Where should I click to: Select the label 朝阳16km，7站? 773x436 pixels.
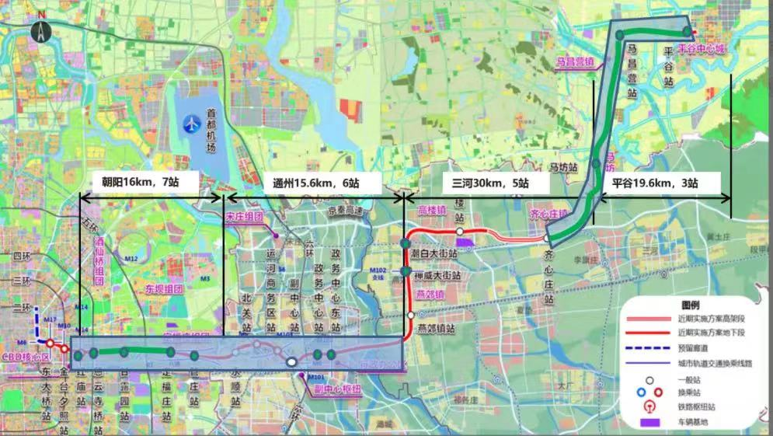point(138,182)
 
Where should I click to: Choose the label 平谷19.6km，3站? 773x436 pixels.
point(654,183)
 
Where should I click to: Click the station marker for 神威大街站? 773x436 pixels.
point(406,270)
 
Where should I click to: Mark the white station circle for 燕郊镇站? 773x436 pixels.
point(411,315)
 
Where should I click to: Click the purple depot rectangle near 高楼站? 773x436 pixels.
point(466,242)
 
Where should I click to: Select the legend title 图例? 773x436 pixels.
point(690,305)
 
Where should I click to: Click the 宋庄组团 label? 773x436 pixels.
point(245,217)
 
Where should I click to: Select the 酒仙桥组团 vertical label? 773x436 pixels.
point(99,260)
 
